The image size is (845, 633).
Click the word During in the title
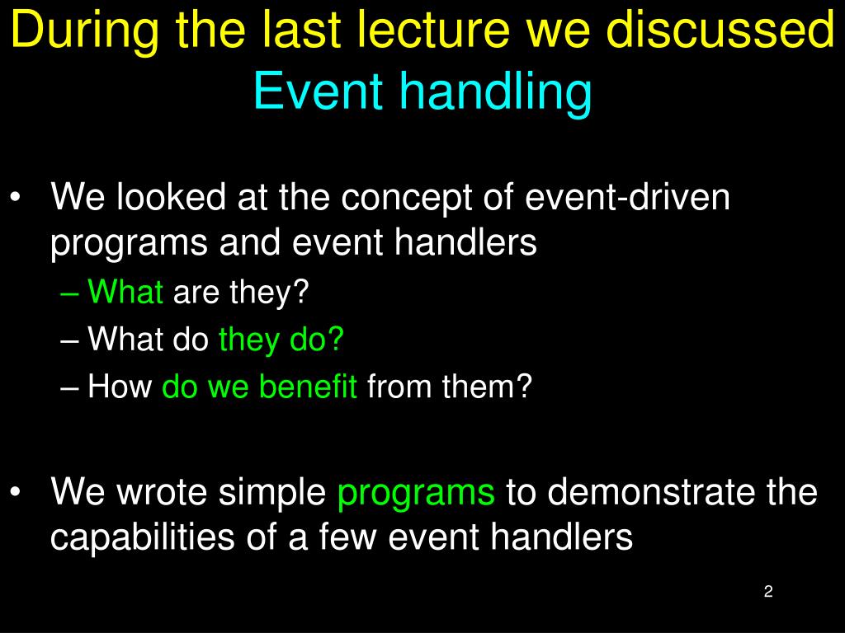pos(85,31)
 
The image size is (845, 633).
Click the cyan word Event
pos(318,90)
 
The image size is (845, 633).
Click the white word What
pos(125,339)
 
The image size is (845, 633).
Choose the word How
pos(120,386)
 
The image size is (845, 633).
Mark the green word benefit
pos(308,386)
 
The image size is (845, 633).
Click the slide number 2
pos(768,591)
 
